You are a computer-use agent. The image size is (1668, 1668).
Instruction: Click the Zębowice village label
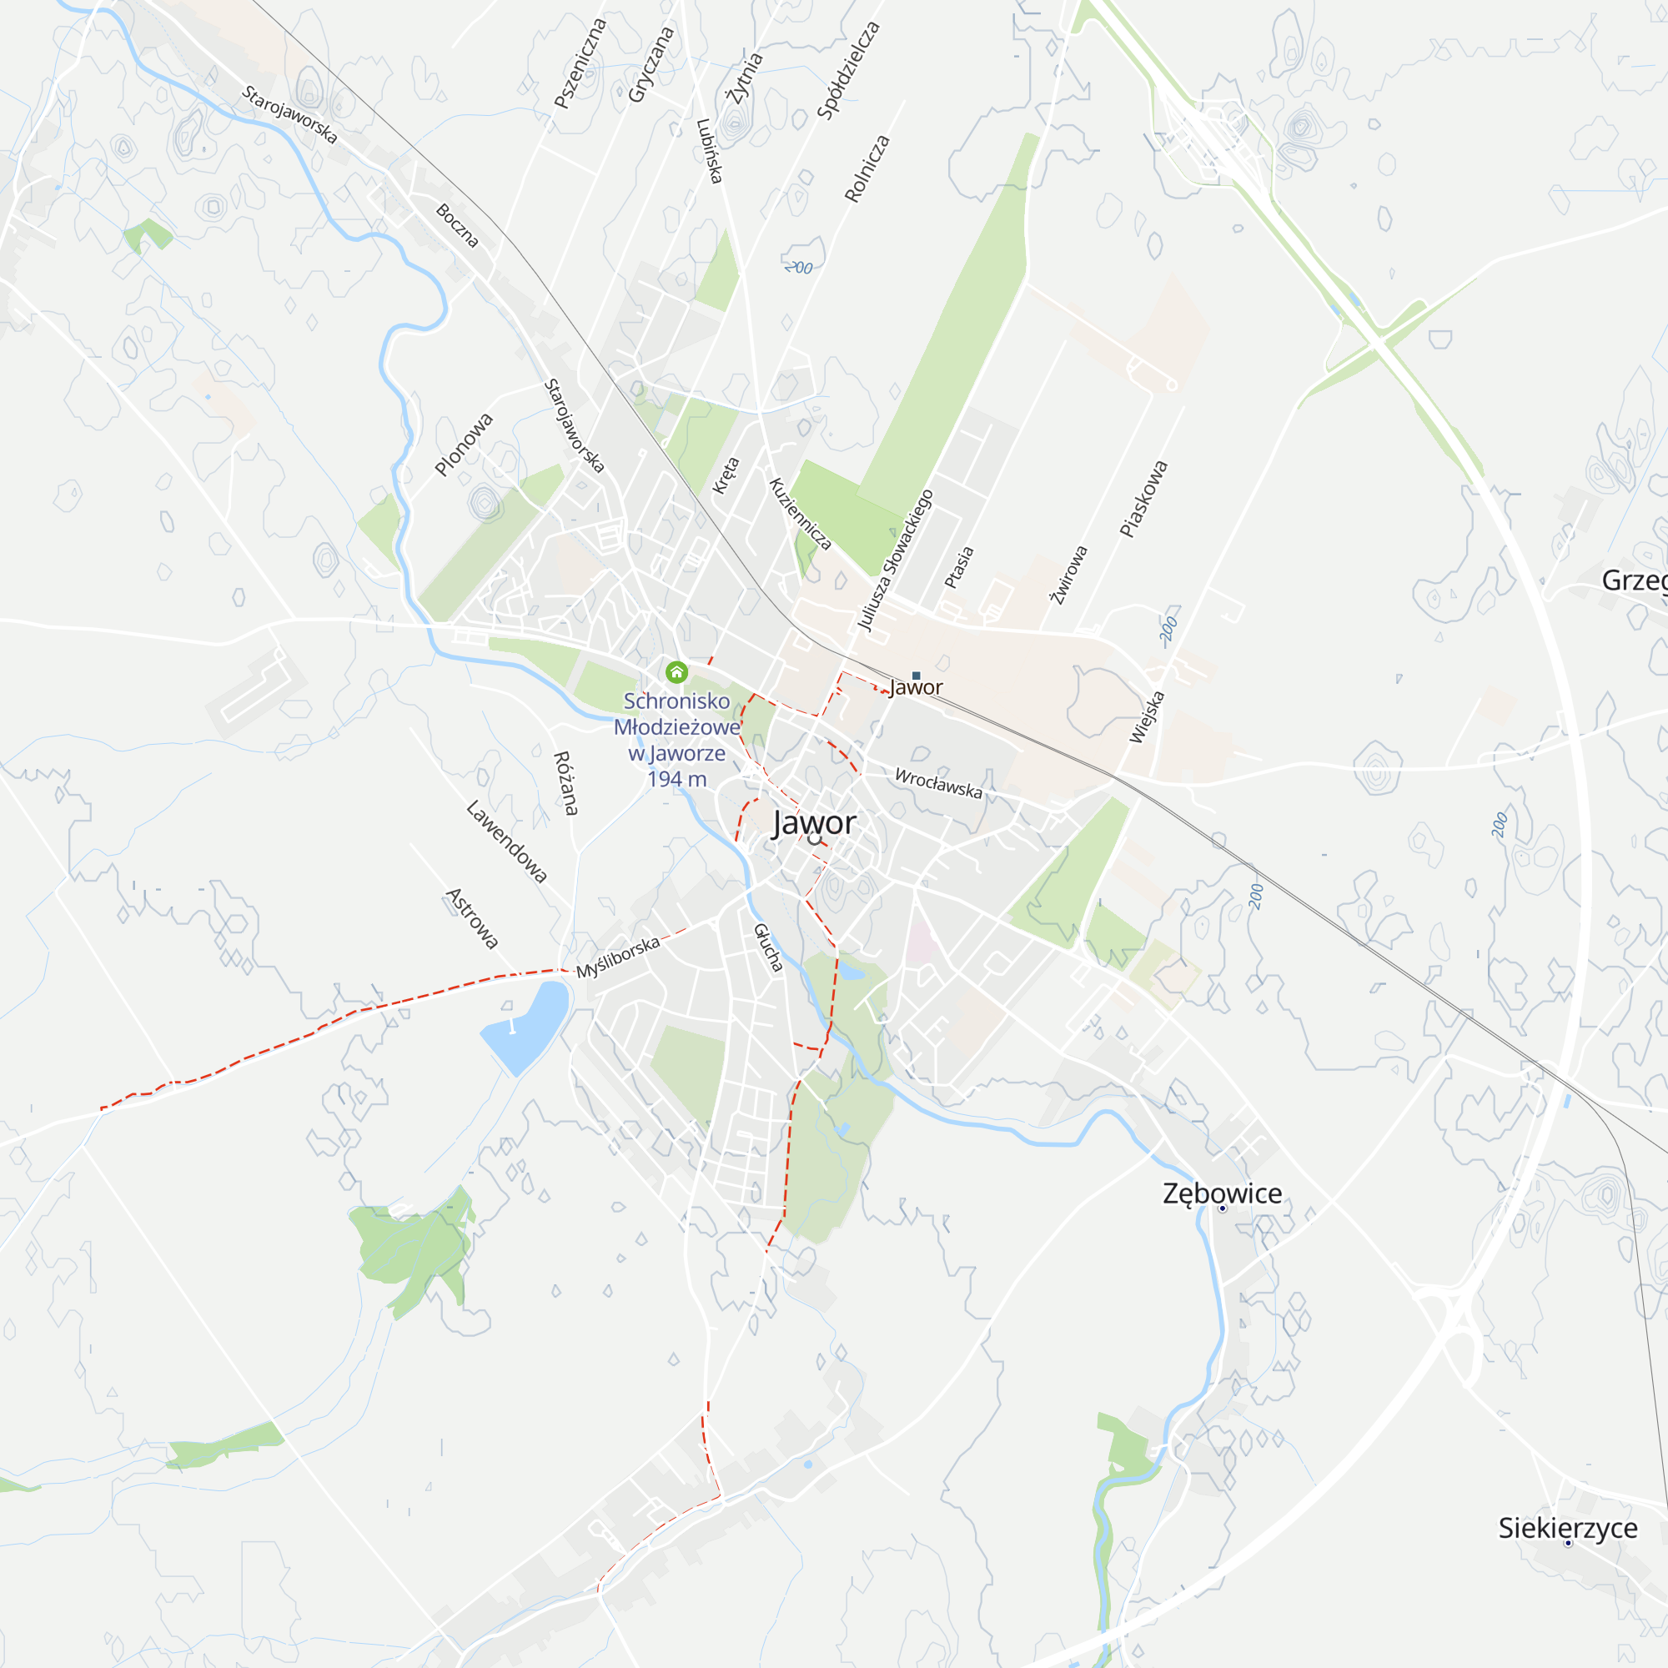coord(1222,1193)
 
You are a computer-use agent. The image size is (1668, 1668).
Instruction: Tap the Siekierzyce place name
coord(1567,1527)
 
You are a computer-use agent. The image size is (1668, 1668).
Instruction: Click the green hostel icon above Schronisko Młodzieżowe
coord(676,671)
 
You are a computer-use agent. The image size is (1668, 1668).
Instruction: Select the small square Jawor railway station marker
coord(916,676)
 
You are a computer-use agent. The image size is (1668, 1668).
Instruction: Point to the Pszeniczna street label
coord(580,64)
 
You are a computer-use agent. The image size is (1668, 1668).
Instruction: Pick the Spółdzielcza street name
coord(848,70)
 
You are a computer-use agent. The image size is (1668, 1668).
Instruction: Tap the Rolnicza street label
coord(867,168)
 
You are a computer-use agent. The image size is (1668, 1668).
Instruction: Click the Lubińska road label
coord(709,151)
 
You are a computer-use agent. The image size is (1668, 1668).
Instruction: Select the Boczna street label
coord(457,225)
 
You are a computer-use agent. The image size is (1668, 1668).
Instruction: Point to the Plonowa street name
coord(464,445)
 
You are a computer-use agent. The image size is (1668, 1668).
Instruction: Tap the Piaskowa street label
coord(1143,499)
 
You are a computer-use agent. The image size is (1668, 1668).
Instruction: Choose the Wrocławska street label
coord(938,783)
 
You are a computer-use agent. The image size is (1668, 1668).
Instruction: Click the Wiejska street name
coord(1147,717)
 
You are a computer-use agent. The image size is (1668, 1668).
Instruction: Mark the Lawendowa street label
coord(507,842)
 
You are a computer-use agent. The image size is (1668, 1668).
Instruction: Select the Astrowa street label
coord(472,918)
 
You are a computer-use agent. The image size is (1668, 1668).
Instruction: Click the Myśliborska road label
coord(618,957)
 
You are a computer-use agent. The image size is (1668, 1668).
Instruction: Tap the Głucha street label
coord(767,948)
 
